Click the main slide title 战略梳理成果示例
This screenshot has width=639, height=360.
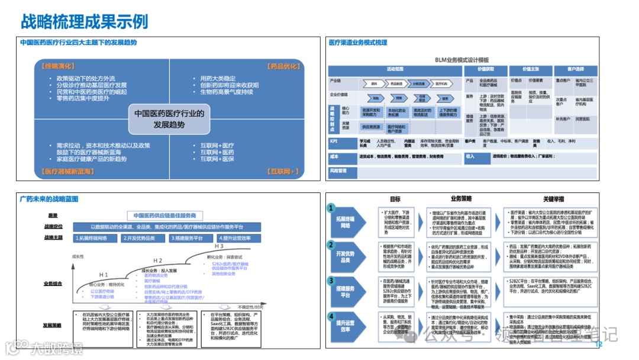pyautogui.click(x=84, y=22)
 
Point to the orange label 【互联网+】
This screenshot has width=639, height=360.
pyautogui.click(x=283, y=171)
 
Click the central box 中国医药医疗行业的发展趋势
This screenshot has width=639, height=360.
pyautogui.click(x=169, y=118)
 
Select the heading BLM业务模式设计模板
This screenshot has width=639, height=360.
pyautogui.click(x=462, y=60)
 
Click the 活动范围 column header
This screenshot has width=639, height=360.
pyautogui.click(x=395, y=69)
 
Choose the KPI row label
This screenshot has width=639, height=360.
pyautogui.click(x=334, y=141)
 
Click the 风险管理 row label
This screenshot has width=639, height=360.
pyautogui.click(x=339, y=171)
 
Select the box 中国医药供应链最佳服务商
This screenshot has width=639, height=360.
pyautogui.click(x=164, y=216)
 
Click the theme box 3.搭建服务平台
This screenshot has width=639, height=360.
pyautogui.click(x=188, y=238)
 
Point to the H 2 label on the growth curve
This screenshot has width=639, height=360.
pyautogui.click(x=158, y=261)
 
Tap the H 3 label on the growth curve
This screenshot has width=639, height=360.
pyautogui.click(x=218, y=246)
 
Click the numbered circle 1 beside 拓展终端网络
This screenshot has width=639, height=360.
pyautogui.click(x=332, y=208)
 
